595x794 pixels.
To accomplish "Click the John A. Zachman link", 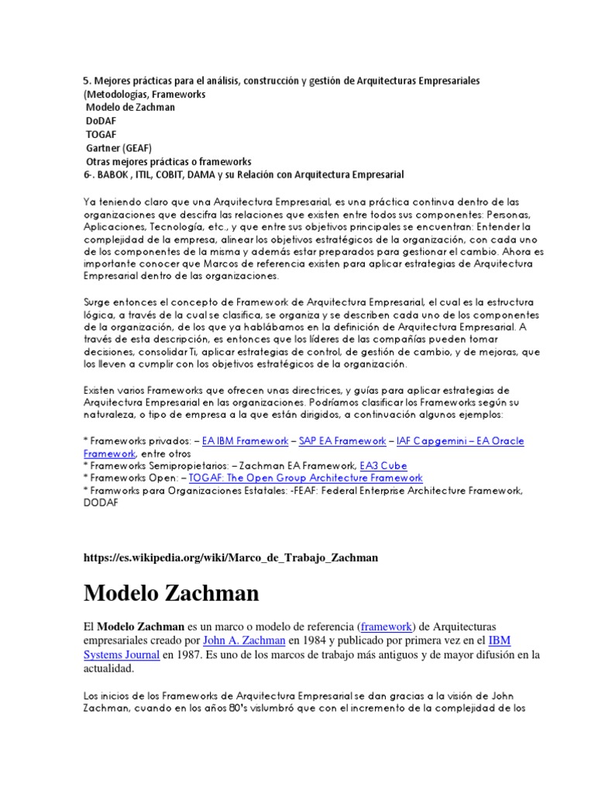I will point(243,641).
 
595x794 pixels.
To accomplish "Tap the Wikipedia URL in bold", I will point(231,558).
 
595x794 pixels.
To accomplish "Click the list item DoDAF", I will point(101,120).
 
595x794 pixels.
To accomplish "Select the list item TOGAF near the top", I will point(101,134).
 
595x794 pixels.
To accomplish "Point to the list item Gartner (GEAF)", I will point(119,147).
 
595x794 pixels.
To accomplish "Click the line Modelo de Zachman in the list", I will point(130,107).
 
